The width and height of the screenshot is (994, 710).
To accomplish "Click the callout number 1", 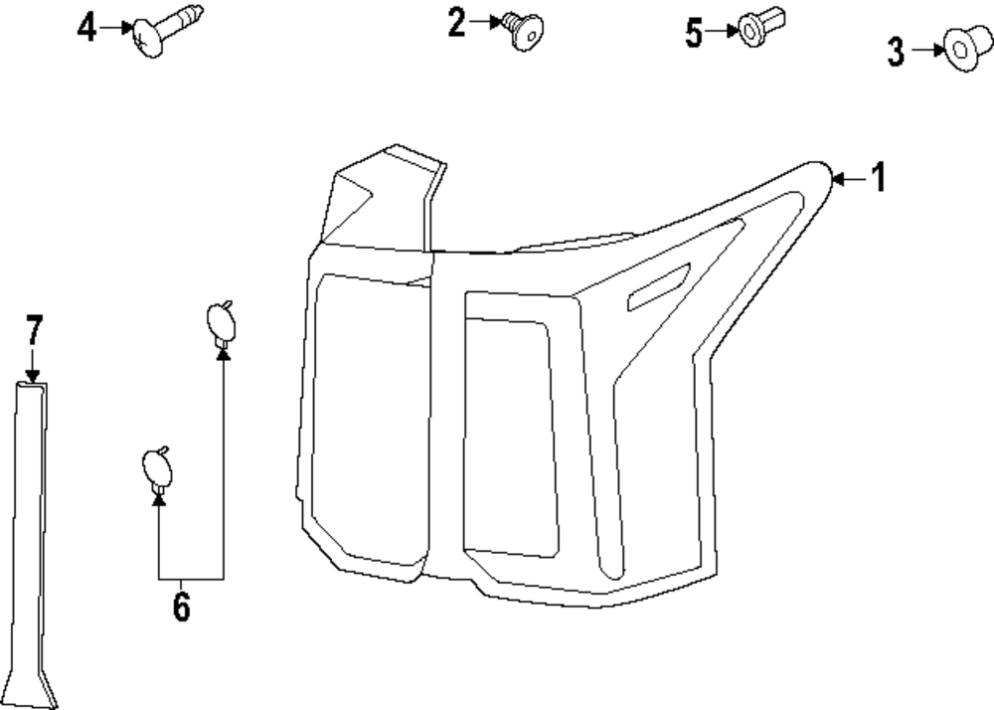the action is [878, 179].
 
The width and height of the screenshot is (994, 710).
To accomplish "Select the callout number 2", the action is [456, 22].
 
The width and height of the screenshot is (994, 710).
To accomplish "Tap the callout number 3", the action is [896, 51].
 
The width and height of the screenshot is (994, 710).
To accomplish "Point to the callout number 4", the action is [87, 29].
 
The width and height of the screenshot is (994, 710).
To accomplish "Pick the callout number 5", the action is [694, 33].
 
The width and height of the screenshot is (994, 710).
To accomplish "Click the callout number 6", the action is [181, 606].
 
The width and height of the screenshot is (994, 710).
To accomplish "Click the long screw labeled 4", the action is [167, 33].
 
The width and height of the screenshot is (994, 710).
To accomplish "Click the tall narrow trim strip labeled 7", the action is [32, 537].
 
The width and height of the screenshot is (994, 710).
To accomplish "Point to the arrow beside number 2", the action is [485, 22].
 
